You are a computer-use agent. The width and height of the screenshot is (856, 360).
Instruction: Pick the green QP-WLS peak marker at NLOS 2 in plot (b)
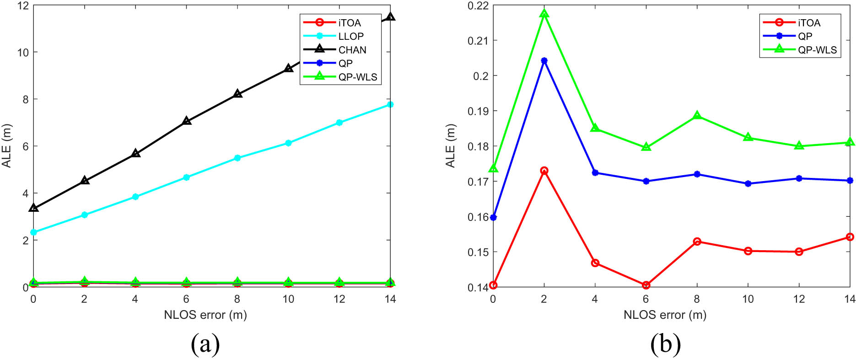[544, 14]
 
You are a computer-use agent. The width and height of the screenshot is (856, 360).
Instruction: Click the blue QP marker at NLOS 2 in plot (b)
[544, 61]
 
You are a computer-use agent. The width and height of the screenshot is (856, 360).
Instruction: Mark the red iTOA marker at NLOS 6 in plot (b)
[646, 285]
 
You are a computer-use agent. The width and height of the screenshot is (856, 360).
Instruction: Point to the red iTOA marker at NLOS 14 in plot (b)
[850, 237]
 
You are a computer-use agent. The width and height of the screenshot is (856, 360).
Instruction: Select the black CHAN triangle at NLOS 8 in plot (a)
[237, 94]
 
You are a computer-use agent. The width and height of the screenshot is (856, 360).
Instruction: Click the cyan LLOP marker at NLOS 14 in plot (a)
[390, 105]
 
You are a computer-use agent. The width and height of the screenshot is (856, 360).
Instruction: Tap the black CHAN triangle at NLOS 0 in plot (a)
[33, 208]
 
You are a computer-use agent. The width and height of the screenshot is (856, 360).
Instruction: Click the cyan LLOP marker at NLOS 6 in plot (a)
[186, 177]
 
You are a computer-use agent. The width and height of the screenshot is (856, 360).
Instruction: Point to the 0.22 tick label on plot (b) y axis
[478, 5]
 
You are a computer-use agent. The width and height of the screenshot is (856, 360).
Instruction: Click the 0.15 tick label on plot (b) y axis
[478, 252]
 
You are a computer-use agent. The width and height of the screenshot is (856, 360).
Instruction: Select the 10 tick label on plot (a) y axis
[22, 53]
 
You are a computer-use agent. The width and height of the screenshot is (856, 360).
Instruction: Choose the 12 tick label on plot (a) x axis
[339, 299]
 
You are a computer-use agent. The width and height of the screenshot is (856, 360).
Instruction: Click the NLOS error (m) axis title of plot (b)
[665, 315]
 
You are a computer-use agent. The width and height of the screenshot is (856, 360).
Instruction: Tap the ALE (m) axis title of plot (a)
[6, 146]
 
